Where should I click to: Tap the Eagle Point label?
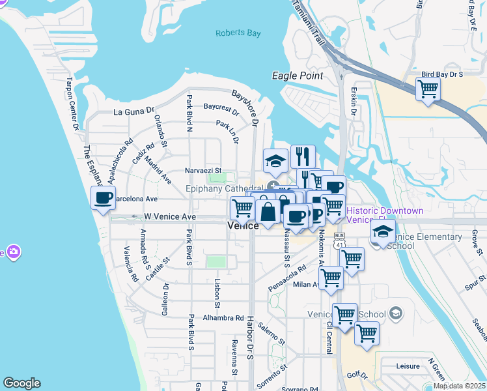(298, 76)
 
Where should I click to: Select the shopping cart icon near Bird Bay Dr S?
(428, 89)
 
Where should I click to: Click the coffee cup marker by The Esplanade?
(104, 198)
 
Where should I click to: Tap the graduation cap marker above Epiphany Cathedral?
(275, 160)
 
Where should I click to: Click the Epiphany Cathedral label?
(224, 188)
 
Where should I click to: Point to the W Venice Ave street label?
(170, 216)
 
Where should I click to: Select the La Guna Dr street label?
(133, 111)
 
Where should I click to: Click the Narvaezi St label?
(204, 170)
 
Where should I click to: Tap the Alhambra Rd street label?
(222, 318)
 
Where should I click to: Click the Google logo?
(21, 383)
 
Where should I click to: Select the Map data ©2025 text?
(459, 386)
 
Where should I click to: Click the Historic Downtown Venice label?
(384, 215)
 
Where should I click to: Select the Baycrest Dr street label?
(221, 107)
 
